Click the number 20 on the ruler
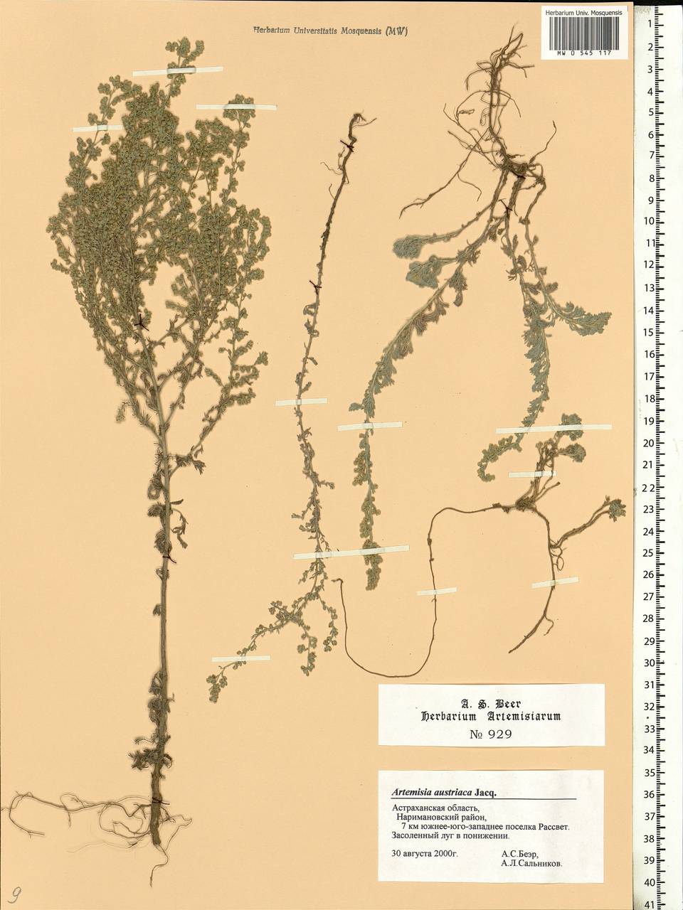(648, 443)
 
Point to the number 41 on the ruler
(648, 904)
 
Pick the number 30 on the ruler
(648, 663)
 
